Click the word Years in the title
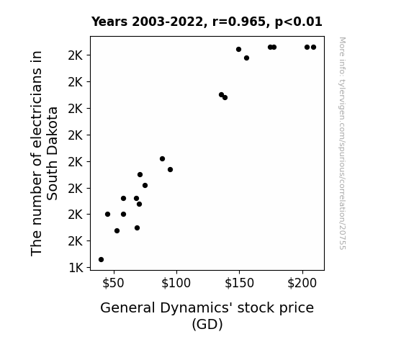109,22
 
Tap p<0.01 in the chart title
299,22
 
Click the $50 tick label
113,283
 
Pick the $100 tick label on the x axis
176,283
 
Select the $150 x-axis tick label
239,283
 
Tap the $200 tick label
302,283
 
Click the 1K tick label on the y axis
76,268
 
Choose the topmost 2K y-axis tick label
76,55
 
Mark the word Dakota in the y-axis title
52,132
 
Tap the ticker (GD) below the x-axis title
207,324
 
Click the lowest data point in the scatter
101,260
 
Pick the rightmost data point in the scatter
313,48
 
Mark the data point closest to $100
171,170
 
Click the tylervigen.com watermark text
342,143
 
